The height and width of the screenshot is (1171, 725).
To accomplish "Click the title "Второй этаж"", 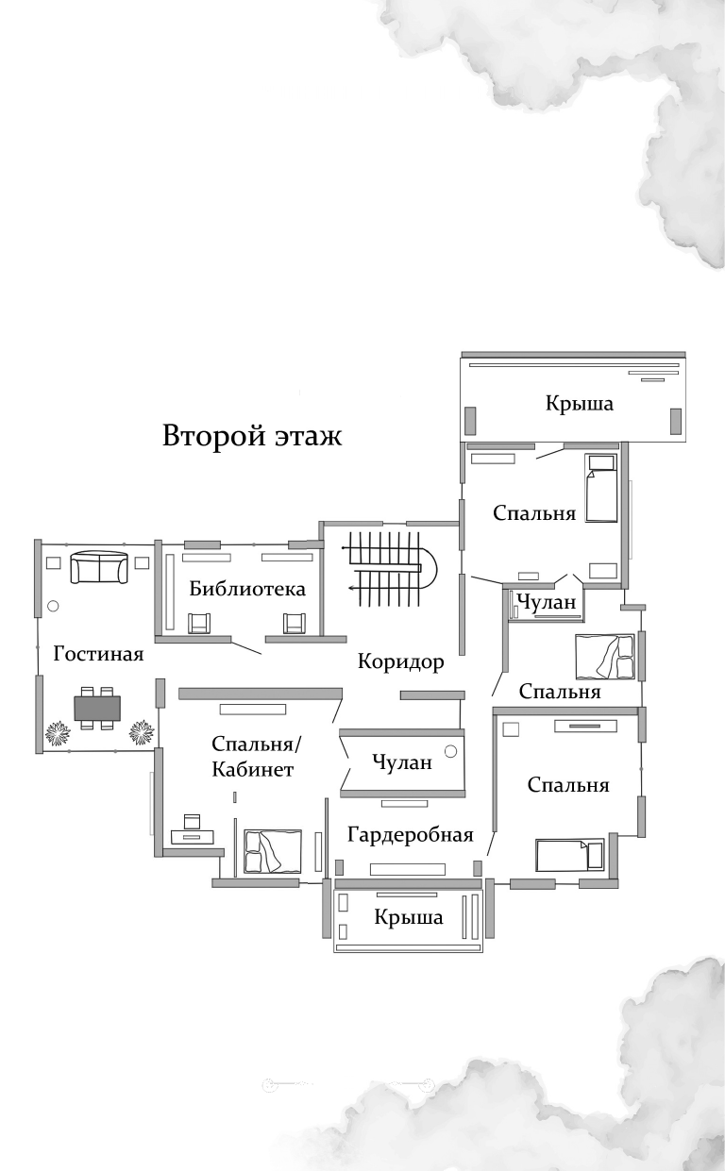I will pyautogui.click(x=252, y=437).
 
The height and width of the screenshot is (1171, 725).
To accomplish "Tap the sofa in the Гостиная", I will pyautogui.click(x=99, y=567).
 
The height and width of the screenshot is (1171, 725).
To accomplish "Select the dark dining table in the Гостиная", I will pyautogui.click(x=97, y=707).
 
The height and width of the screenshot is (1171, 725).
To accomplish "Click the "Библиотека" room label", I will pyautogui.click(x=247, y=589).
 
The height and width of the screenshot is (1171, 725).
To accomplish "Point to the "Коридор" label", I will pyautogui.click(x=400, y=661).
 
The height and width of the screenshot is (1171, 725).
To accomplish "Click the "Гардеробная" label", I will pyautogui.click(x=410, y=834).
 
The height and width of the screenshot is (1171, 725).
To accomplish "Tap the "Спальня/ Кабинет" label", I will pyautogui.click(x=254, y=756).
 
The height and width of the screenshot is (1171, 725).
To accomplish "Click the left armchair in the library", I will pyautogui.click(x=199, y=623).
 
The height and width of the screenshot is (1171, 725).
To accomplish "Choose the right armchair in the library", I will pyautogui.click(x=295, y=623).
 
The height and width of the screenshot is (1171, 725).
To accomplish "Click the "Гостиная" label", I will pyautogui.click(x=98, y=654).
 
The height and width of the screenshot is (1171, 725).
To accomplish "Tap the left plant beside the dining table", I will pyautogui.click(x=57, y=732).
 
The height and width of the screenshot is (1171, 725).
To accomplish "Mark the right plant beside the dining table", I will pyautogui.click(x=143, y=731).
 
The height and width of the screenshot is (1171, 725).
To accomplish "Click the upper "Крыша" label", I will pyautogui.click(x=579, y=403).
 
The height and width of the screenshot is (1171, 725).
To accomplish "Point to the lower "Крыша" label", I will pyautogui.click(x=408, y=917).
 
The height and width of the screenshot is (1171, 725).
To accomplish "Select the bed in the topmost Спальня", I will pyautogui.click(x=600, y=488).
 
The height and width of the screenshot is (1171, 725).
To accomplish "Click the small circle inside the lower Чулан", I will pyautogui.click(x=450, y=752).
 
